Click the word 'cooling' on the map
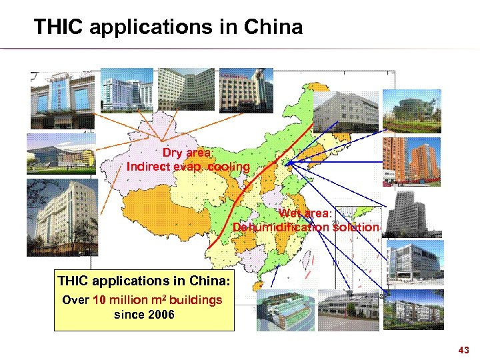pyautogui.click(x=228, y=167)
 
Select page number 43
pyautogui.click(x=464, y=350)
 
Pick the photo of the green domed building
pyautogui.click(x=412, y=109)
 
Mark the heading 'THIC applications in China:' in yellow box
pyautogui.click(x=144, y=281)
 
